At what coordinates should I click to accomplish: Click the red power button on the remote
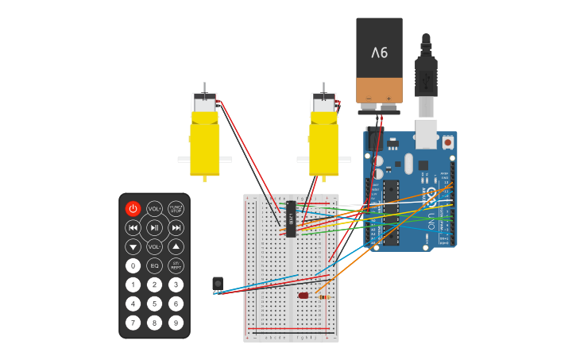133,209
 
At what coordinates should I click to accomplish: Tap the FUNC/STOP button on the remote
176,209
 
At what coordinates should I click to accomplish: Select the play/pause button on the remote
154,228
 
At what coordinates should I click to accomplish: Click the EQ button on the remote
154,265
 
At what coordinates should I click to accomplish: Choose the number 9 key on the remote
176,323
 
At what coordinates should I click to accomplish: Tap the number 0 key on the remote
133,265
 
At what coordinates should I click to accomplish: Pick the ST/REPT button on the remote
176,265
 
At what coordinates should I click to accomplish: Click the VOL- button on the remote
154,246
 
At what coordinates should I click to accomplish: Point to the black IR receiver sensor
218,283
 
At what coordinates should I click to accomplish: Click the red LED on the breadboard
303,296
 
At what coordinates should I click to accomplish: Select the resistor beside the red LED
323,297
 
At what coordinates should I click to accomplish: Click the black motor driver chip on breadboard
291,219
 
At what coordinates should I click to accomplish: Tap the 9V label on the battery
379,52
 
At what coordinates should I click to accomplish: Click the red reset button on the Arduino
448,142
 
